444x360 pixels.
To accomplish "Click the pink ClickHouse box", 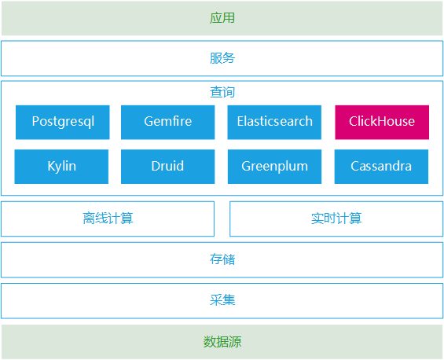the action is pyautogui.click(x=382, y=123).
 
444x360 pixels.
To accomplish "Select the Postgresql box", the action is pyautogui.click(x=63, y=123).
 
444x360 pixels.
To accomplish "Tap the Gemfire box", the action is pyautogui.click(x=168, y=123).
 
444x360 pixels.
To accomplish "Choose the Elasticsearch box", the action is pyautogui.click(x=274, y=123).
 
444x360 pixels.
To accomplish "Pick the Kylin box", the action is pyautogui.click(x=61, y=167).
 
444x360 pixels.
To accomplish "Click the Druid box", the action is pyautogui.click(x=168, y=167).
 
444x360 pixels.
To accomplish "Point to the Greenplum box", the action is pyautogui.click(x=275, y=167).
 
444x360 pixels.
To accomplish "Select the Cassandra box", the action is pyautogui.click(x=381, y=167).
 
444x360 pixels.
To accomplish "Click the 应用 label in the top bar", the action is pyautogui.click(x=222, y=18).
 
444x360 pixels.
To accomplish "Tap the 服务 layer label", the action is pyautogui.click(x=222, y=58).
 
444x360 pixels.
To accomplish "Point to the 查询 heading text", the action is pyautogui.click(x=222, y=92).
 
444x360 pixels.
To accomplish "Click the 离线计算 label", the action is pyautogui.click(x=108, y=219).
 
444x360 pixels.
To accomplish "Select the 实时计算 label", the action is pyautogui.click(x=336, y=219).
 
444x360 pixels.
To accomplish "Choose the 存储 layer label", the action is pyautogui.click(x=222, y=259).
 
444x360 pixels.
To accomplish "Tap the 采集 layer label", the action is pyautogui.click(x=222, y=300).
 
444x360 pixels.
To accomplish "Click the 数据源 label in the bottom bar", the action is pyautogui.click(x=222, y=342).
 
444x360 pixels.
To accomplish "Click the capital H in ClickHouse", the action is pyautogui.click(x=379, y=121).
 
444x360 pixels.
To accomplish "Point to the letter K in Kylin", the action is pyautogui.click(x=51, y=166).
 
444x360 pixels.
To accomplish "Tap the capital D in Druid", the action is pyautogui.click(x=156, y=166).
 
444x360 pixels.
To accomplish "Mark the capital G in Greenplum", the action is pyautogui.click(x=246, y=166).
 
